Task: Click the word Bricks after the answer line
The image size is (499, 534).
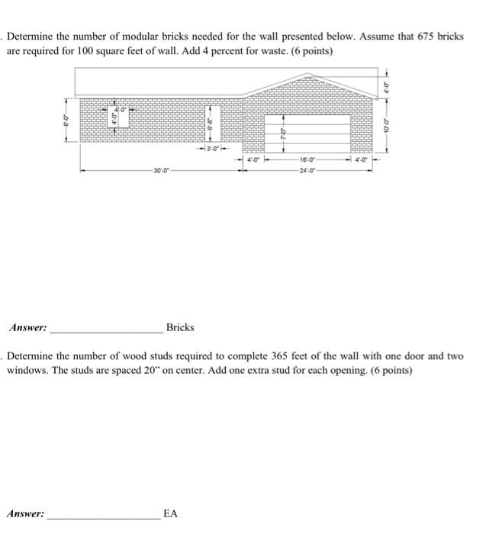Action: tap(180, 327)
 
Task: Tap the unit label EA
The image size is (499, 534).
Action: tap(170, 514)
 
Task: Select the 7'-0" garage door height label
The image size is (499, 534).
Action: tap(282, 133)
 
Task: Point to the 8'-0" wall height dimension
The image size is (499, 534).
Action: tap(66, 120)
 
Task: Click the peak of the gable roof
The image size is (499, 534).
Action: tap(307, 74)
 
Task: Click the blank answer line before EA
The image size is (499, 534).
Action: tap(102, 518)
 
